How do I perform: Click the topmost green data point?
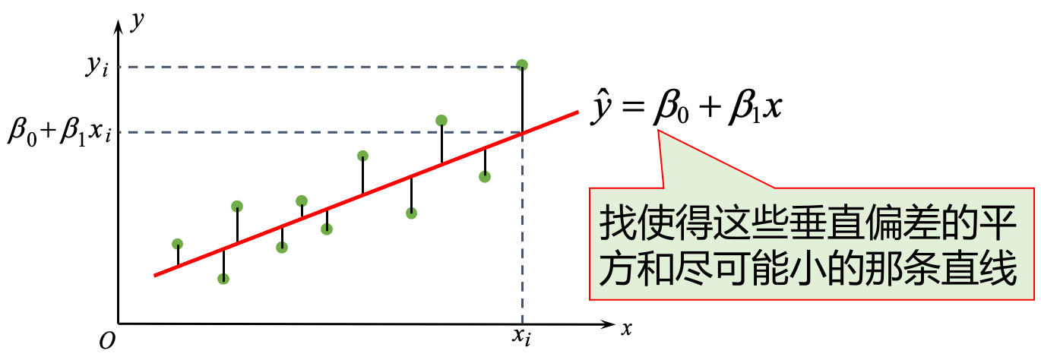coord(521,65)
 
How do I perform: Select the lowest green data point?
coord(223,279)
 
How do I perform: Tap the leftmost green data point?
coord(177,244)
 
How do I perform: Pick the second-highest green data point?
coord(441,120)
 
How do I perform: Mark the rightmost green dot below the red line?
coord(484,177)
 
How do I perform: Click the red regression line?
coord(365,194)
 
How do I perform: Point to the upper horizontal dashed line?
coord(304,67)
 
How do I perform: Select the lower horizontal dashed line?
coord(304,132)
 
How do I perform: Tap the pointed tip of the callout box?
coord(659,131)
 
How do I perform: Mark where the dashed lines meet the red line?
coord(523,133)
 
